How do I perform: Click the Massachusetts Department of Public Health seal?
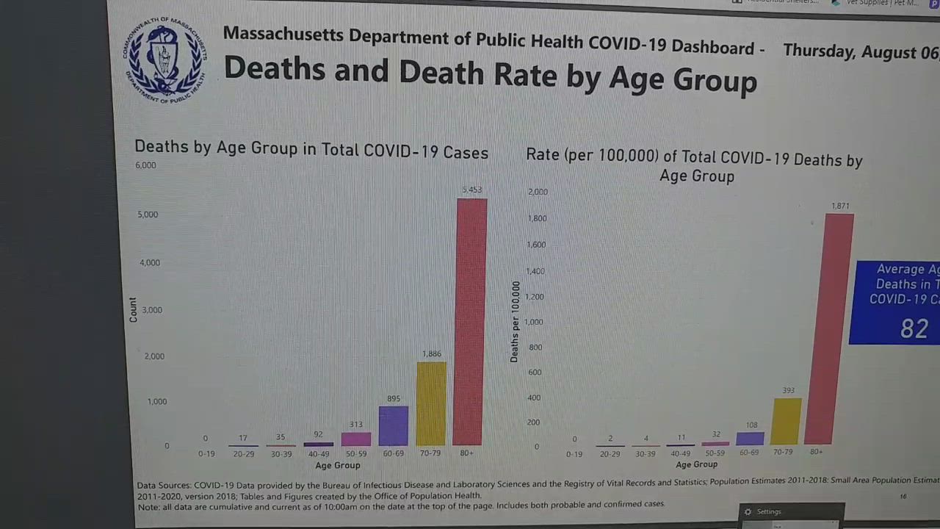164,60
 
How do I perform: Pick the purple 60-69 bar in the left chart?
394,425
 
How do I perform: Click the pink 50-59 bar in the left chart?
356,438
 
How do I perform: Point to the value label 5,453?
471,190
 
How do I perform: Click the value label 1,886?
431,354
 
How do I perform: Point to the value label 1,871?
840,206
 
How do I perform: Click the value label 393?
788,391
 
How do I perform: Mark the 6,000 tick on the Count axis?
145,165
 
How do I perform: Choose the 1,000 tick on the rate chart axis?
533,322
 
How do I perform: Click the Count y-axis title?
133,309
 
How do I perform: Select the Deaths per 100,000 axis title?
515,322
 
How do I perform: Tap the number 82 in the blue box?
914,329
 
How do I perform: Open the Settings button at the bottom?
768,512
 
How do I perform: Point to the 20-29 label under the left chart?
244,454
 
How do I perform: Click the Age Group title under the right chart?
696,464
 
